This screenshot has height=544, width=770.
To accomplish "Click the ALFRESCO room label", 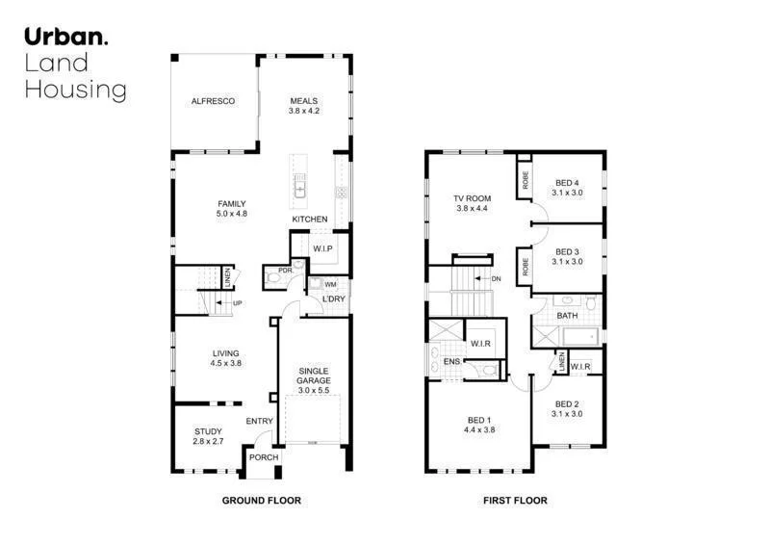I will click(213, 101).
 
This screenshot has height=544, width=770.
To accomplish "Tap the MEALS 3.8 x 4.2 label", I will click(303, 106).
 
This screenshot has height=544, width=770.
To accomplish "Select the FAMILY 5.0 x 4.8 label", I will click(232, 208).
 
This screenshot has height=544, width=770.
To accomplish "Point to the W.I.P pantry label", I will click(322, 249).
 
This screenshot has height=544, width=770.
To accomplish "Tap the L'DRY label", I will click(333, 299).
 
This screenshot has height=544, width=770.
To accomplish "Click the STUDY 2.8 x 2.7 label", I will click(207, 436).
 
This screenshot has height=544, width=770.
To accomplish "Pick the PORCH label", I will click(263, 457).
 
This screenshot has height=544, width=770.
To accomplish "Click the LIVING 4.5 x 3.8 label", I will click(226, 358).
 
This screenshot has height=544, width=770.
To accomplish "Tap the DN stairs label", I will click(496, 279).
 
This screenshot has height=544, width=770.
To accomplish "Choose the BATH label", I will click(567, 315).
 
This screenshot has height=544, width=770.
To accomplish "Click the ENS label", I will click(451, 363).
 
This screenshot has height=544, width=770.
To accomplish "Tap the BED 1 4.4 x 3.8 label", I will click(477, 426).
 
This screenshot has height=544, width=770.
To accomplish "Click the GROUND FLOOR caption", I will click(262, 501).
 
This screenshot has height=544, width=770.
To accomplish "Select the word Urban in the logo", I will click(64, 38).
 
